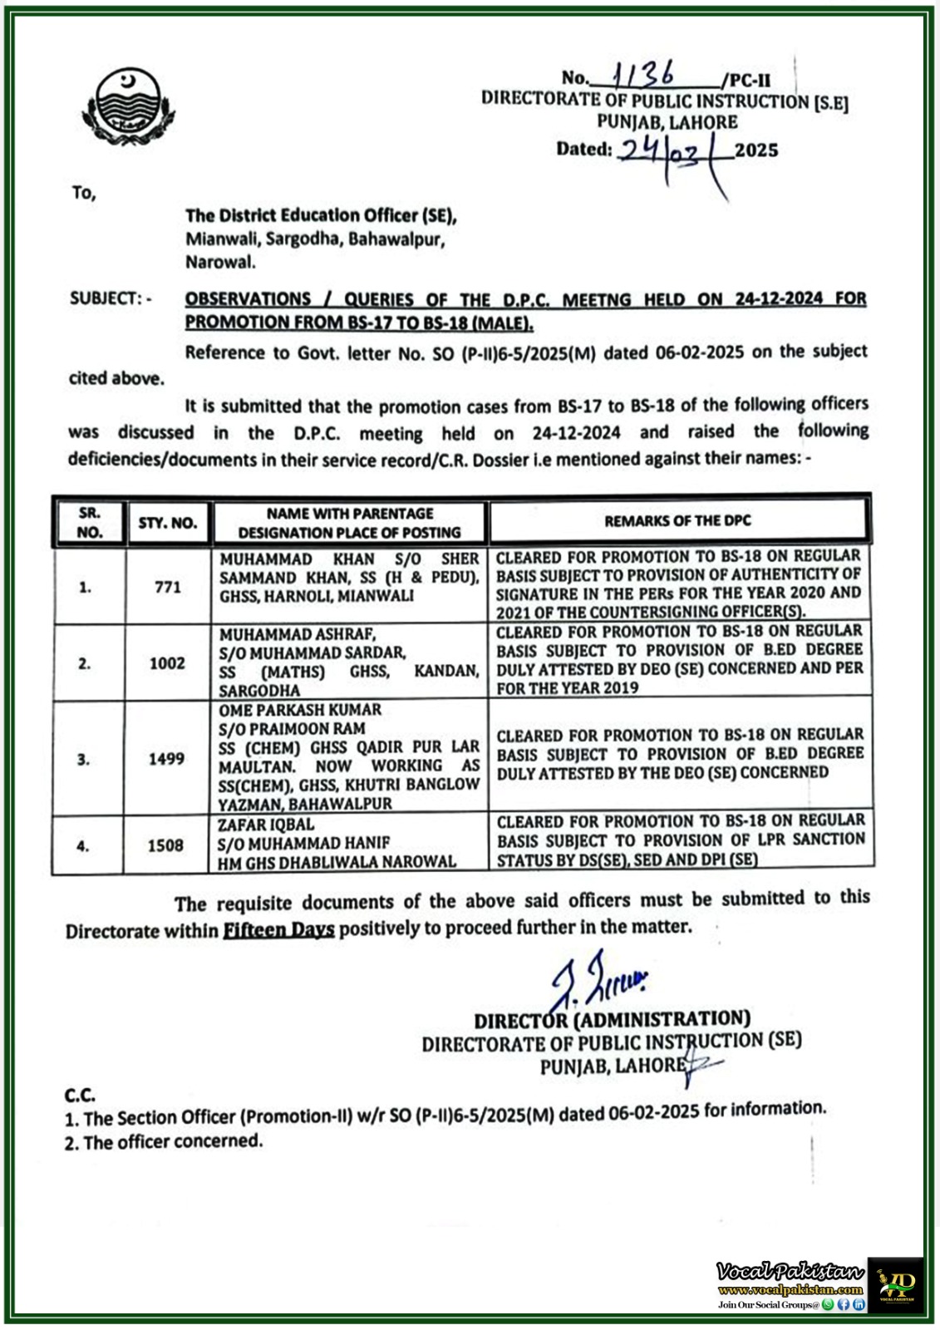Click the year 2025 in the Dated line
pos(756,150)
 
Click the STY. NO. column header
pos(168,523)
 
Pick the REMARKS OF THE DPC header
pos(677,521)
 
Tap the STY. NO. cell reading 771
pos(168,587)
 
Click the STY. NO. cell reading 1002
pos(167,663)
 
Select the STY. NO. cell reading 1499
pos(166,758)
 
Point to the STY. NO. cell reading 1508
pos(165,845)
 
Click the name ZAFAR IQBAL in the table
pos(266,825)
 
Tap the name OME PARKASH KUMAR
pos(300,710)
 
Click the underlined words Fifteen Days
pos(278,929)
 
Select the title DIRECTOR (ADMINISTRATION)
pos(613,1020)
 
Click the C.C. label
pos(80,1096)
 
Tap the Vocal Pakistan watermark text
pos(790,1271)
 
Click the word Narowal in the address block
pos(220,263)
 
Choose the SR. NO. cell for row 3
pos(84,759)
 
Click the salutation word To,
pos(83,193)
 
